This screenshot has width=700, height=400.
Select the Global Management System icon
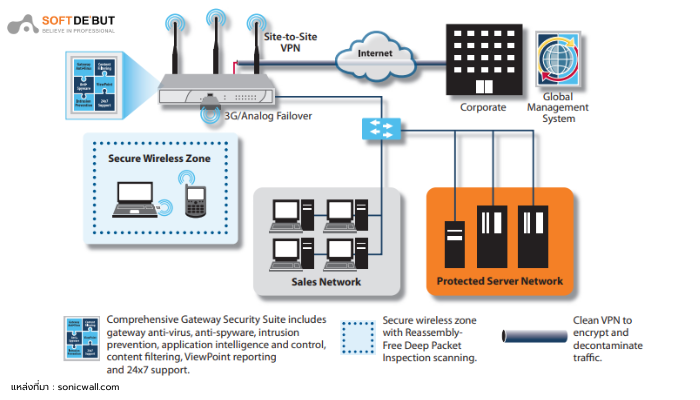558,61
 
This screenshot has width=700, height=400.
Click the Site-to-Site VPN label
289,41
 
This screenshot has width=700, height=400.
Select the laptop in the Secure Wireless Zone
134,199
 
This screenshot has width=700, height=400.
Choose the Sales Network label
326,281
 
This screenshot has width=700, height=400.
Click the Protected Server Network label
499,281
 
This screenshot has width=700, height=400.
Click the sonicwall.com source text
94,385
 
